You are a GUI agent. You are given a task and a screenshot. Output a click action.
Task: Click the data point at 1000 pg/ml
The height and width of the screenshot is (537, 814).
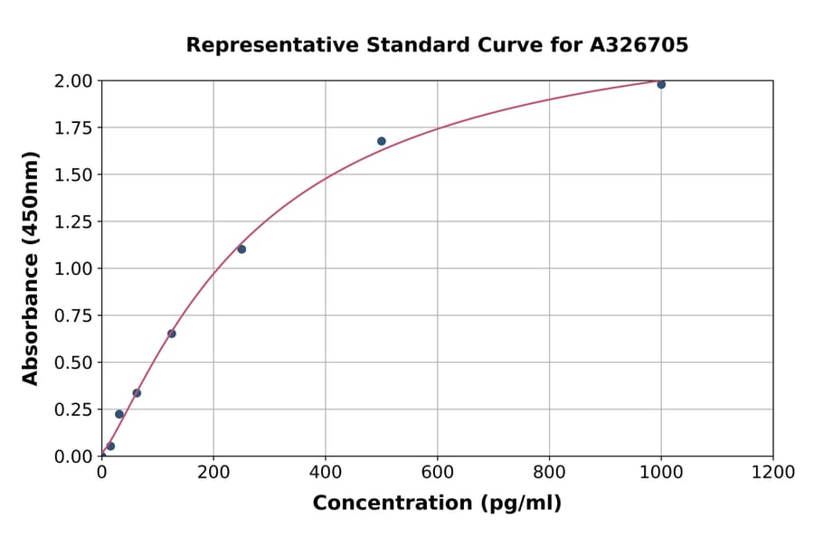tap(661, 84)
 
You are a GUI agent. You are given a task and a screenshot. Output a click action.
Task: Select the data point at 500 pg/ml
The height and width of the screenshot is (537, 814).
tap(382, 141)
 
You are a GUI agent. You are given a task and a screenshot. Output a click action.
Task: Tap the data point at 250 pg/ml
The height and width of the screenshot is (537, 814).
tap(241, 250)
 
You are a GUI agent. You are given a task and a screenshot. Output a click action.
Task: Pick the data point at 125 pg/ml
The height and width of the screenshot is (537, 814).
tap(172, 334)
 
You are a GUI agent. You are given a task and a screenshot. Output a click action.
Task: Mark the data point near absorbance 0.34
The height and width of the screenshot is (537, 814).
tap(137, 393)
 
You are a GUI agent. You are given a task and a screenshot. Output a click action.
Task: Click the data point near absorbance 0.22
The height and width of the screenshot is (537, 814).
tap(119, 414)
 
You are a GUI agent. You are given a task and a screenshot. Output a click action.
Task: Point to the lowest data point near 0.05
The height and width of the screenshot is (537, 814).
tap(110, 447)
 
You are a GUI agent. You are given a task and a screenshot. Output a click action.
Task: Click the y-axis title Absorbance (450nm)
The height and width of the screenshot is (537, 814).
tap(31, 268)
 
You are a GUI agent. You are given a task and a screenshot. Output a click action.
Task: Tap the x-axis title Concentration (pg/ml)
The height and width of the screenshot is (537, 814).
tap(437, 504)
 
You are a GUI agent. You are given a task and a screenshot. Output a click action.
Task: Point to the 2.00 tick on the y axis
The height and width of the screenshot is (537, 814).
tap(73, 81)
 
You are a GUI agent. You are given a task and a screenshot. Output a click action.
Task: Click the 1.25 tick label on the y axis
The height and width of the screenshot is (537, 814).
tap(73, 221)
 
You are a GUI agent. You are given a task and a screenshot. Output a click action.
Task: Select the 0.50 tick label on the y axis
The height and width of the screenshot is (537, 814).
tap(73, 363)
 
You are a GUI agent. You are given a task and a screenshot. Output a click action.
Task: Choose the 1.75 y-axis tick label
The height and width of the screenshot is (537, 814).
tap(73, 128)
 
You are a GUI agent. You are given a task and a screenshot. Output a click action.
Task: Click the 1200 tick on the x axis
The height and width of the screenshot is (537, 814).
tap(772, 473)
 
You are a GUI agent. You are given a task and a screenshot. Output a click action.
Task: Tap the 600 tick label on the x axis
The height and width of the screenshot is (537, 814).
tap(437, 473)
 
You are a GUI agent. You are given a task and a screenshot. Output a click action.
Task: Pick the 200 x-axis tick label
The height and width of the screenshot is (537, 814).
tap(213, 473)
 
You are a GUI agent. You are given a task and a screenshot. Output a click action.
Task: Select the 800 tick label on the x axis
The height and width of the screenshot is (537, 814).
tap(549, 473)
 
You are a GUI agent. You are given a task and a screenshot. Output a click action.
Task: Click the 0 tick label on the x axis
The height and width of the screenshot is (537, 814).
tap(101, 473)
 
